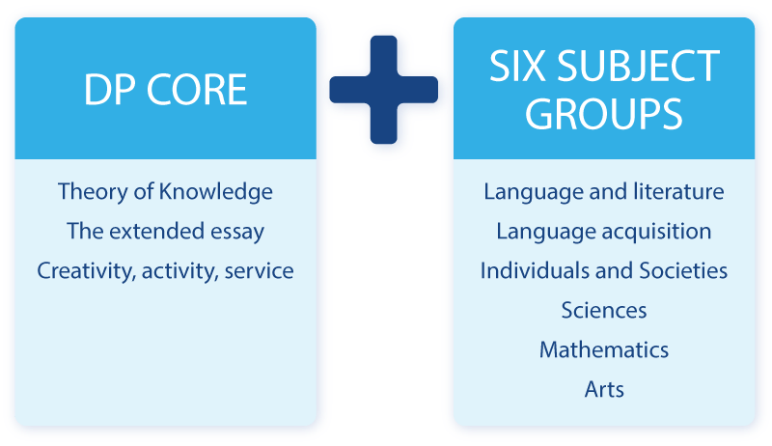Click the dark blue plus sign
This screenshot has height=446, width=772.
383,90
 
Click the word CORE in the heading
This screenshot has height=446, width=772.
197,90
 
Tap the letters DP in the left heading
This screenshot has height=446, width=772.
110,90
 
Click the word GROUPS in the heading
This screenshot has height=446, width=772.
604,113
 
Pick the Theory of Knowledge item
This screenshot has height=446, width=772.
165,191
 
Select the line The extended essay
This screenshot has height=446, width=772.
165,231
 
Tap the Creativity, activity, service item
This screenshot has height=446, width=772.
165,270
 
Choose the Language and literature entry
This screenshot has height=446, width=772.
604,191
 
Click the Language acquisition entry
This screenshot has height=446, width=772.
604,231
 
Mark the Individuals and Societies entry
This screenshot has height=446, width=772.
604,270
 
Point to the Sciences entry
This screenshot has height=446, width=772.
604,310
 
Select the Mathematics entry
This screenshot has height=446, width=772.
604,350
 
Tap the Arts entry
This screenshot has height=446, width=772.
604,389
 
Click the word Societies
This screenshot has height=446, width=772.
683,270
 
